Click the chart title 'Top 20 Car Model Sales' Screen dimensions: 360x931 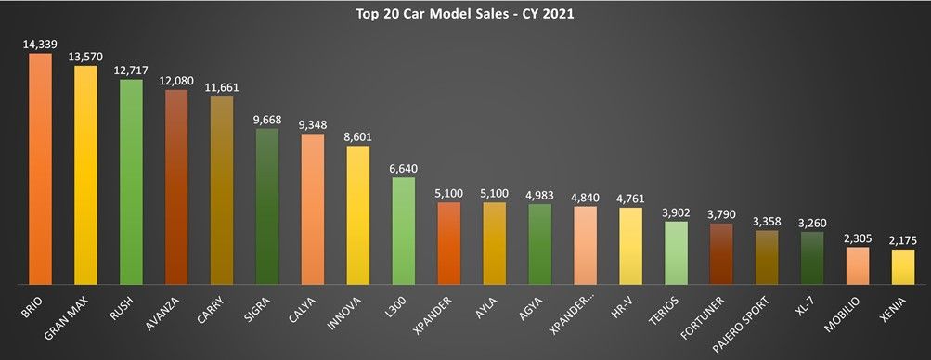(465, 15)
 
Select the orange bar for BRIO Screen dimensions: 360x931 (41, 167)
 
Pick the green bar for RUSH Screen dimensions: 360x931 (132, 181)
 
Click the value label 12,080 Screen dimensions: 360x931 (176, 81)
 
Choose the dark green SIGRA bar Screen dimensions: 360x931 (267, 205)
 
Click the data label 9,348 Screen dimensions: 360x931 (313, 124)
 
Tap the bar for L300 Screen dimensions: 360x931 (404, 230)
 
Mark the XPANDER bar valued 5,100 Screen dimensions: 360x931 (449, 242)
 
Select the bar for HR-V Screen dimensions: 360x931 (630, 245)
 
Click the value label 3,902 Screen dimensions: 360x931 (676, 212)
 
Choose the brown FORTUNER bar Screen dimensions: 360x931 (720, 252)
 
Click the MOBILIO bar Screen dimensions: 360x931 (857, 264)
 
